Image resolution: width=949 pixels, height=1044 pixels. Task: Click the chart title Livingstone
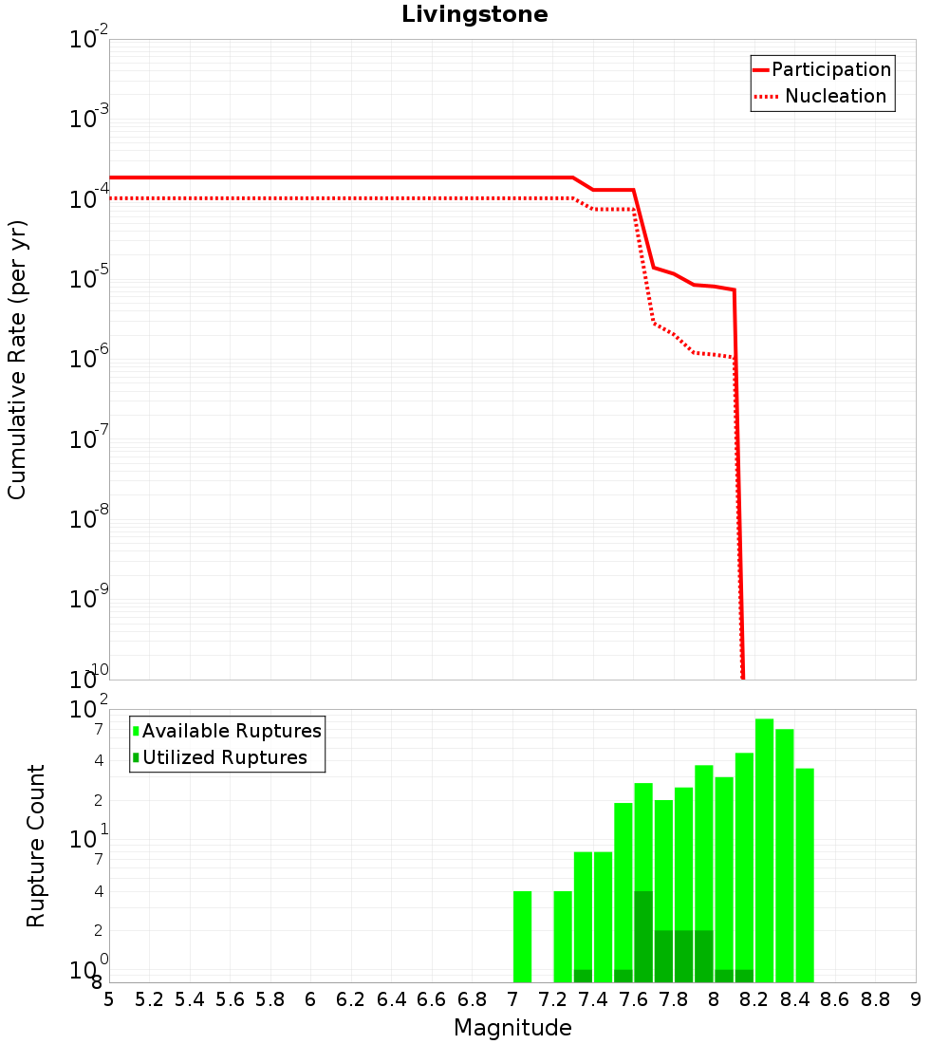474,14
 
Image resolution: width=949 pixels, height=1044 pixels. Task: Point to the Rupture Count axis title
36,846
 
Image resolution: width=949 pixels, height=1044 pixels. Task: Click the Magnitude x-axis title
512,1028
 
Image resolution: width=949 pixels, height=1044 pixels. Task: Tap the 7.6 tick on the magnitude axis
633,999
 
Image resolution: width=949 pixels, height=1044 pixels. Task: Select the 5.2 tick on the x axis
149,999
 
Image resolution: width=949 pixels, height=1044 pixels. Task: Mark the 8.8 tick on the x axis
875,999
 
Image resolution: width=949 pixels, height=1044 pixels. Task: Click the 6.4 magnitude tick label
391,999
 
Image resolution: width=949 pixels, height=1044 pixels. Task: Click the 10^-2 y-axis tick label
89,39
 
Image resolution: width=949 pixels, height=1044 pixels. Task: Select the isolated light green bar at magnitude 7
522,937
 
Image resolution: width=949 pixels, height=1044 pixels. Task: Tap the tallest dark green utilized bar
643,937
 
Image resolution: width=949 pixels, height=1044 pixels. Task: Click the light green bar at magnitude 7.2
563,937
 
